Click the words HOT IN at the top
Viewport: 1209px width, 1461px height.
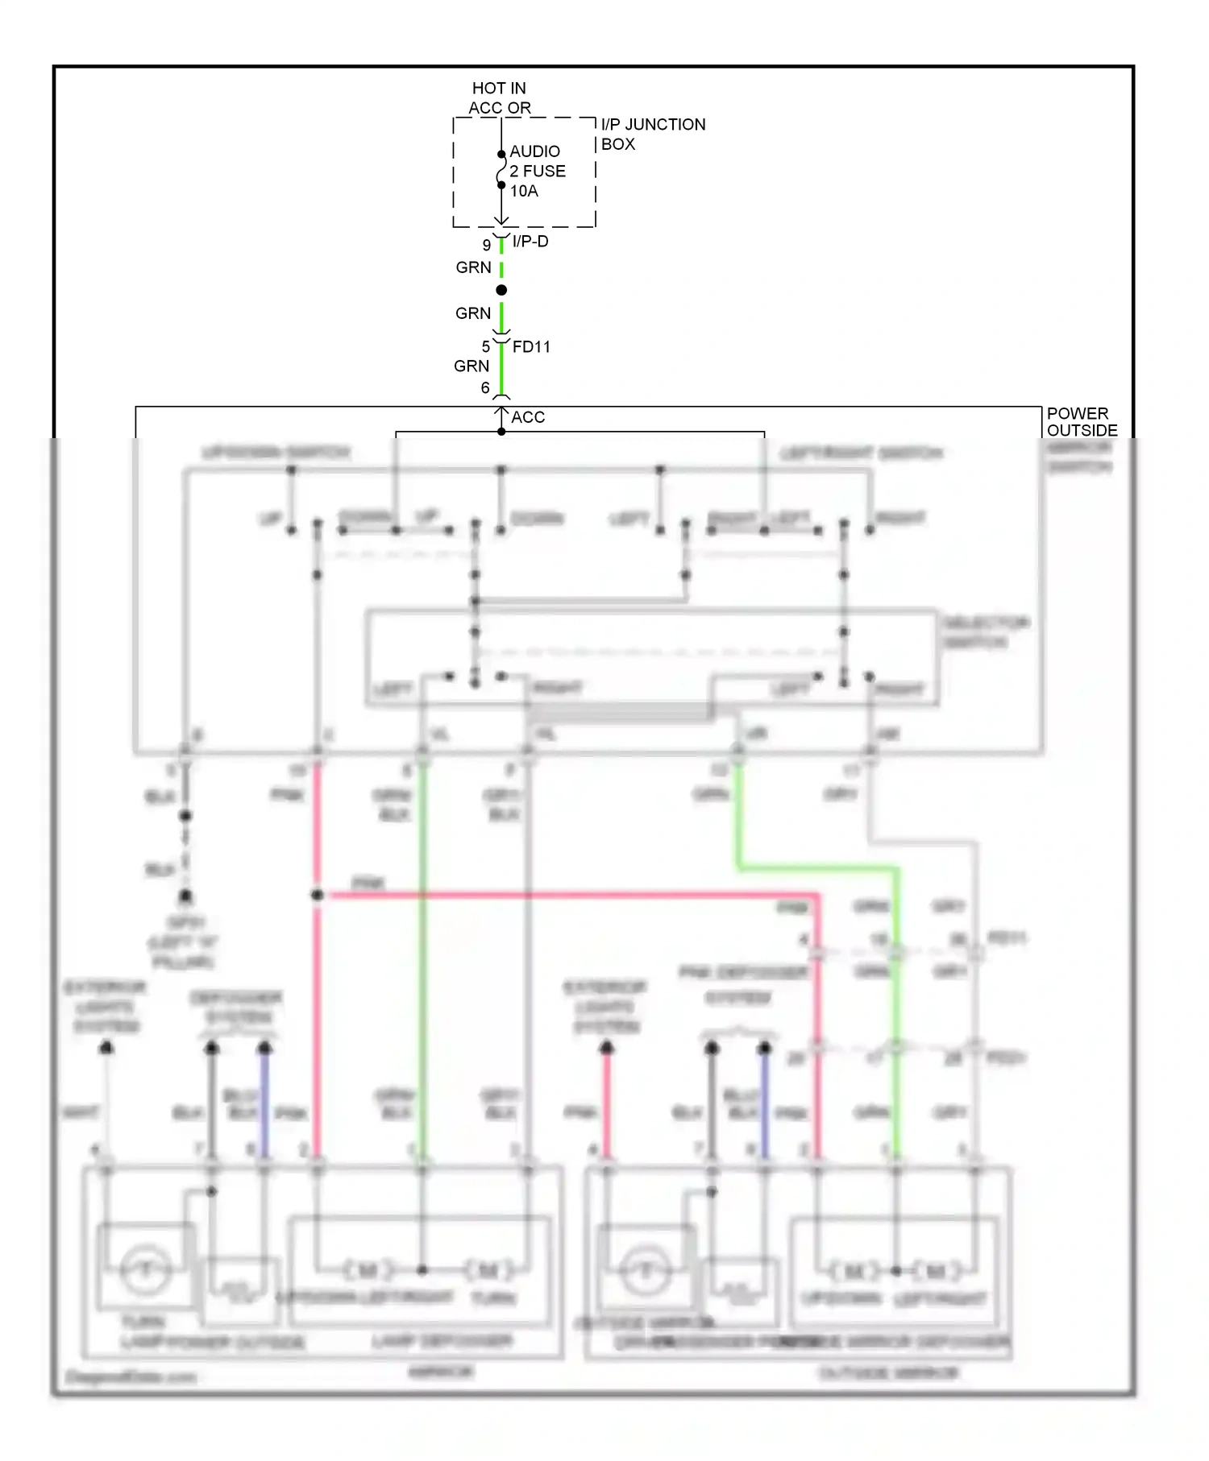(x=498, y=88)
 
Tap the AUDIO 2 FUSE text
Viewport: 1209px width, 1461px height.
(x=537, y=161)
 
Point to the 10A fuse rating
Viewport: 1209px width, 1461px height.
(x=524, y=191)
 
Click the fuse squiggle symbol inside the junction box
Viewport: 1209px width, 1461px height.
(x=501, y=170)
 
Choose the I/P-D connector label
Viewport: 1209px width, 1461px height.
(x=530, y=241)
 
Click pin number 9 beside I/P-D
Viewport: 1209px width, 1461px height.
(x=487, y=245)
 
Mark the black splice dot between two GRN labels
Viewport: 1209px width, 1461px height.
(x=501, y=290)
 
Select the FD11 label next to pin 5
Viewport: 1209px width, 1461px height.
(x=531, y=346)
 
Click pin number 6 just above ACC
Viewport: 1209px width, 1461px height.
(x=485, y=387)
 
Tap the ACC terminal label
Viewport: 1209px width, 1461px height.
(x=528, y=417)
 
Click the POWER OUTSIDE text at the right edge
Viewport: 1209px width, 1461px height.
(x=1081, y=421)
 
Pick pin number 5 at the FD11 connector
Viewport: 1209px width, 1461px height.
(x=486, y=346)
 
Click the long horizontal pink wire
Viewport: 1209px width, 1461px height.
(x=564, y=895)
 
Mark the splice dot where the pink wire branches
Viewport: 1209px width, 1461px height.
(x=318, y=895)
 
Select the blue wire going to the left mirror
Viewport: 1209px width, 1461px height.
(x=264, y=1103)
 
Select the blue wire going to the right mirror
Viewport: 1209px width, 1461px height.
(x=765, y=1103)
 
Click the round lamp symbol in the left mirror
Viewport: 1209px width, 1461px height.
(x=146, y=1270)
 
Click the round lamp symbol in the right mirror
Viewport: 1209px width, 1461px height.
(x=645, y=1272)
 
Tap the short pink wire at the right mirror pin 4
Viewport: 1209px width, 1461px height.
(x=607, y=1103)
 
